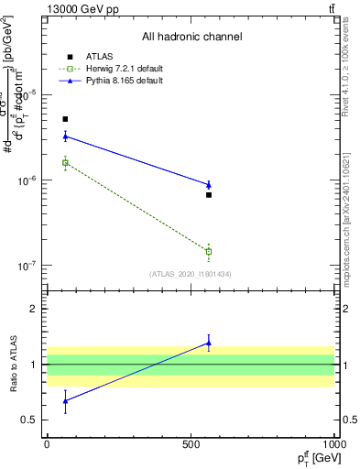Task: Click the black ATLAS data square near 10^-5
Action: click(65, 119)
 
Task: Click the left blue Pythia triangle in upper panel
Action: click(65, 136)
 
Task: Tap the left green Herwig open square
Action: click(65, 163)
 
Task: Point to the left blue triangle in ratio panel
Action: click(65, 400)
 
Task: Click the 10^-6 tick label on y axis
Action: click(27, 181)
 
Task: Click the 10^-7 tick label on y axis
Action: click(27, 267)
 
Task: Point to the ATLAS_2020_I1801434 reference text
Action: click(191, 274)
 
